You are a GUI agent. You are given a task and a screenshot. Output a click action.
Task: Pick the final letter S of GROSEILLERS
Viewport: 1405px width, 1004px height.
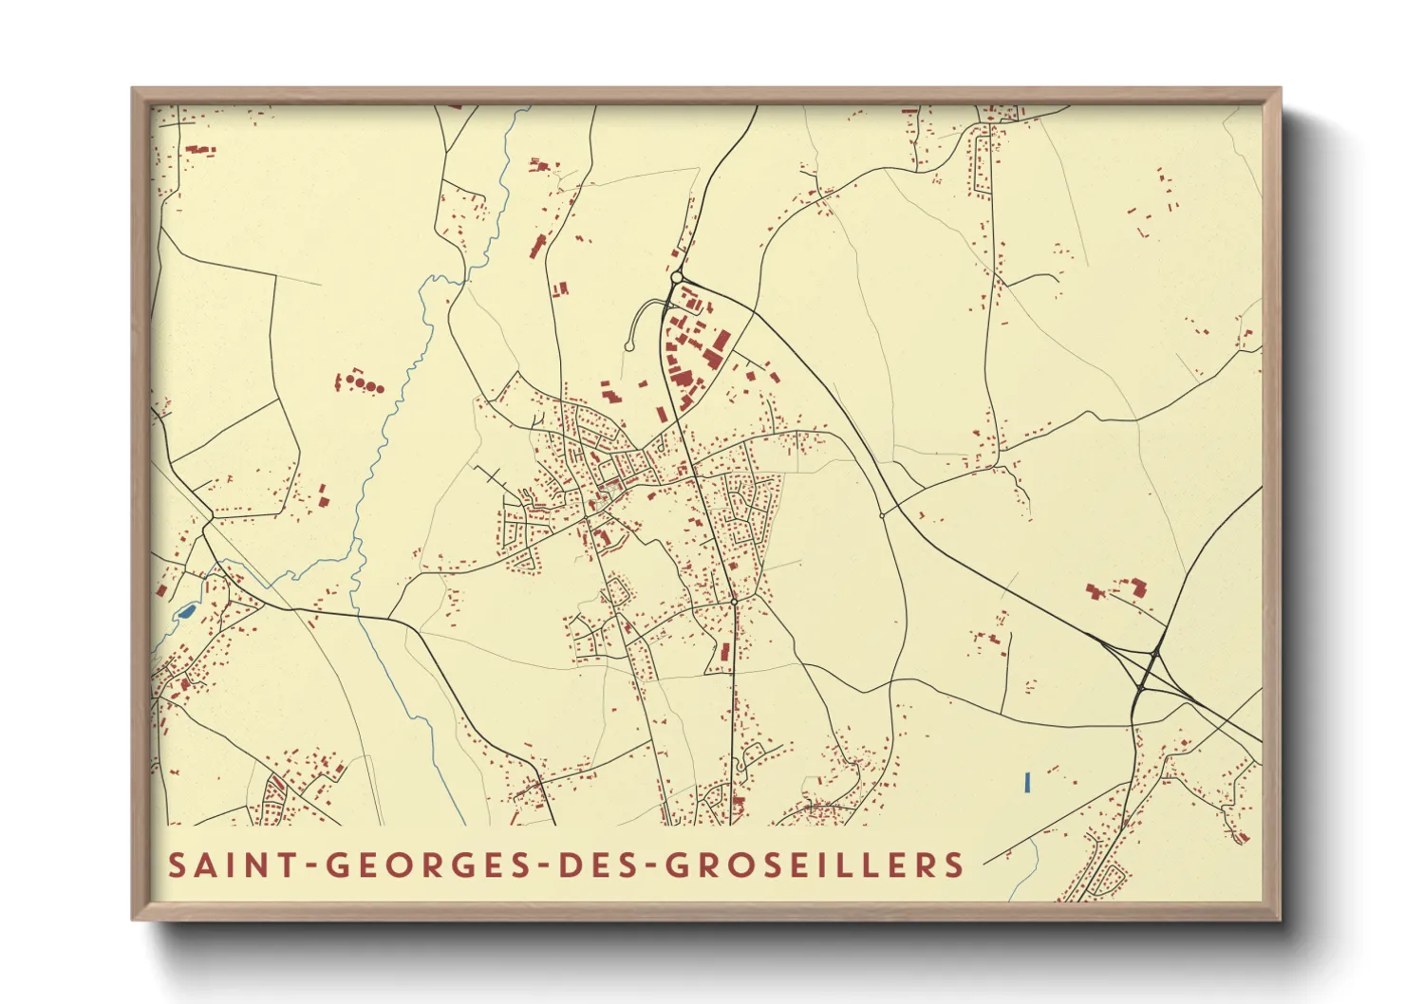point(955,865)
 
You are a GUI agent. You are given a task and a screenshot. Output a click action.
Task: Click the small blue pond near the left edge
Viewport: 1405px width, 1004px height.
point(186,611)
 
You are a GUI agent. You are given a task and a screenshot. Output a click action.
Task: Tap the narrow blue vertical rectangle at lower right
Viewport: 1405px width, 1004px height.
point(1027,782)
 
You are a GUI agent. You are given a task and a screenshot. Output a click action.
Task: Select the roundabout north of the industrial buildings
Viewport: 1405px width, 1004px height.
point(676,278)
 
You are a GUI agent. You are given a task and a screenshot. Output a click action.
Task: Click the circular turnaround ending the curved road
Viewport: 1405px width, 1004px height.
point(628,347)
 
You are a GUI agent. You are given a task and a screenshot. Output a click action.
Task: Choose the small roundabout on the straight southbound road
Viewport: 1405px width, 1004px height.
point(734,602)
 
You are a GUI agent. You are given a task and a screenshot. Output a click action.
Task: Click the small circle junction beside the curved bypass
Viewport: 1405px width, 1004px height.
point(882,515)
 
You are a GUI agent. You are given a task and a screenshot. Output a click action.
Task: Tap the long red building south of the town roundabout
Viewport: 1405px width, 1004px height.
point(726,652)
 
